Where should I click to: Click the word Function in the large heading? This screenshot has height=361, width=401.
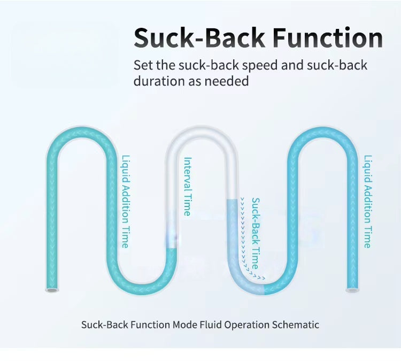tap(328, 37)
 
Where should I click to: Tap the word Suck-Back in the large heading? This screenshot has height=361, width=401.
tap(199, 37)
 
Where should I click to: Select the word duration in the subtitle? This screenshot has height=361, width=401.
tap(155, 81)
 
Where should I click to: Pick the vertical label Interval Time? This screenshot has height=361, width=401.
tap(187, 186)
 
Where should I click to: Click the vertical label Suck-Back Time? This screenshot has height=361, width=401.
tap(256, 233)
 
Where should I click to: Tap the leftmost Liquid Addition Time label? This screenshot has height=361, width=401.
tap(125, 202)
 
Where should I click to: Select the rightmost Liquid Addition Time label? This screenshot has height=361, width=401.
tap(367, 202)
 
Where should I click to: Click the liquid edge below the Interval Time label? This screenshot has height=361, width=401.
tap(172, 248)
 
